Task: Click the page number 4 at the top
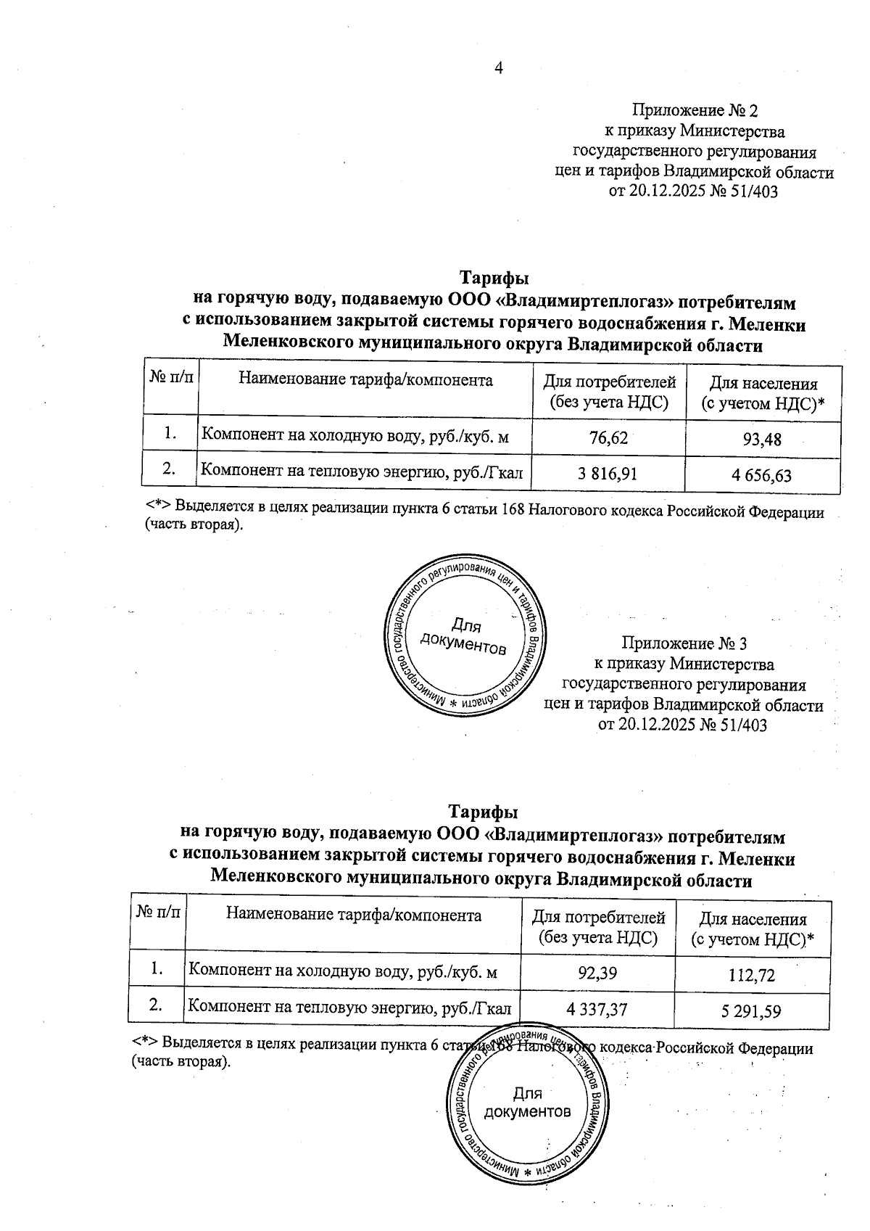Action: (x=498, y=68)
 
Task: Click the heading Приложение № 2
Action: (x=695, y=111)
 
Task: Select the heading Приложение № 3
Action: (x=684, y=643)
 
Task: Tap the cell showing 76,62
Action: (x=608, y=437)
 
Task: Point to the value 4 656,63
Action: (x=762, y=475)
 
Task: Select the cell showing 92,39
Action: (x=597, y=973)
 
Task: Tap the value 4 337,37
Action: (x=597, y=1008)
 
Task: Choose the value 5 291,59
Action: (x=752, y=1011)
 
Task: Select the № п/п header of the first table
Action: (x=170, y=379)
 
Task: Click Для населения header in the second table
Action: (x=752, y=929)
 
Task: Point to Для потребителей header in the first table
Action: (x=609, y=392)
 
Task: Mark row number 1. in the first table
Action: (x=170, y=433)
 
